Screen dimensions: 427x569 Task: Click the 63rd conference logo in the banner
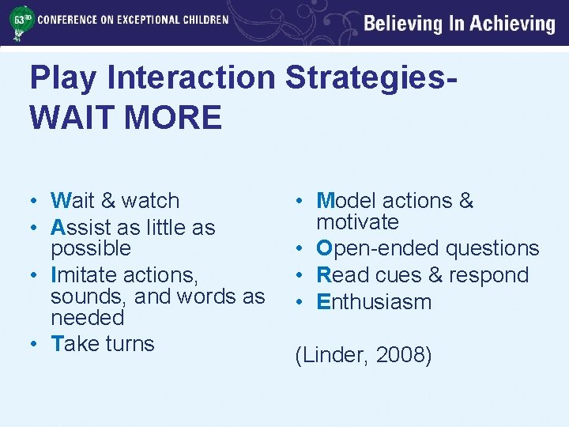pyautogui.click(x=19, y=23)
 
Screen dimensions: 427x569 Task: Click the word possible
pyautogui.click(x=90, y=248)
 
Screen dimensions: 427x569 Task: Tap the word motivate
pyautogui.click(x=357, y=222)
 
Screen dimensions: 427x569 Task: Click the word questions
pyautogui.click(x=492, y=248)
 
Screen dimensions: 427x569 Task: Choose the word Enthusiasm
pyautogui.click(x=374, y=302)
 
